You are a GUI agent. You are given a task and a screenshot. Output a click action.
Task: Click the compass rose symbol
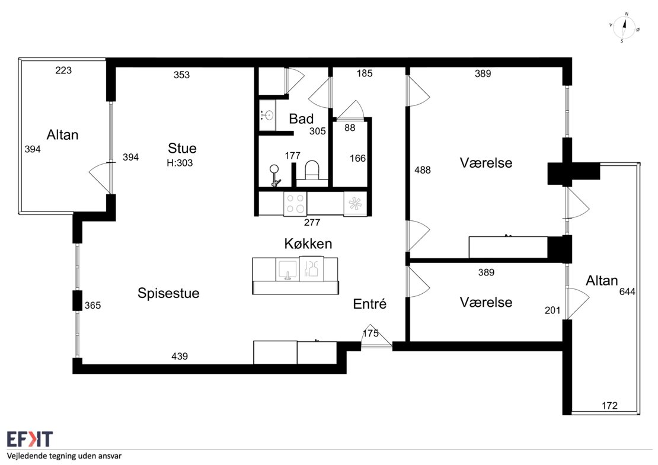pyautogui.click(x=624, y=28)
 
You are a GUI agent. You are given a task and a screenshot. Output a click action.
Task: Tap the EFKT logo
pyautogui.click(x=30, y=440)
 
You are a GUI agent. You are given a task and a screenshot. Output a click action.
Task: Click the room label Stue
pyautogui.click(x=182, y=148)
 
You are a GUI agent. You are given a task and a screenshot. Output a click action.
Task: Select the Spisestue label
pyautogui.click(x=168, y=293)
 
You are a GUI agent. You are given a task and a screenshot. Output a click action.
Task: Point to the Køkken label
pyautogui.click(x=308, y=243)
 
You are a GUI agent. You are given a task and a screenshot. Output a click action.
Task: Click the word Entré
pyautogui.click(x=370, y=304)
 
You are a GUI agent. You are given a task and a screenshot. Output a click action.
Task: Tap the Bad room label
pyautogui.click(x=301, y=118)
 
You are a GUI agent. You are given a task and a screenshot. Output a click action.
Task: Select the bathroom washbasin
pyautogui.click(x=267, y=115)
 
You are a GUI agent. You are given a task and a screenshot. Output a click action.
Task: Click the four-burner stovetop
pyautogui.click(x=295, y=203)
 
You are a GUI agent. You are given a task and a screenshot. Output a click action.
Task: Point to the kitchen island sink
pyautogui.click(x=288, y=270)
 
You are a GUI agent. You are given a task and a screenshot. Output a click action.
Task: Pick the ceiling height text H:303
pyautogui.click(x=180, y=163)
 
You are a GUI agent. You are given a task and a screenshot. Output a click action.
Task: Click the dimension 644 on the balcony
pyautogui.click(x=627, y=291)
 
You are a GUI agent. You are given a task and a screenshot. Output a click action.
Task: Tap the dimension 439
pyautogui.click(x=180, y=356)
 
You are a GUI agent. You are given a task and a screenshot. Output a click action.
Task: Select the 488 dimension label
pyautogui.click(x=423, y=170)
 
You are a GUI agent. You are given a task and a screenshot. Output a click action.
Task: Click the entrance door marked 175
pyautogui.click(x=376, y=337)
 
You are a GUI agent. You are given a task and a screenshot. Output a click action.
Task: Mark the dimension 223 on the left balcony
pyautogui.click(x=63, y=70)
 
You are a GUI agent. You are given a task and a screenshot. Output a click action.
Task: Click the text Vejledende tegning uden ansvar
pyautogui.click(x=64, y=456)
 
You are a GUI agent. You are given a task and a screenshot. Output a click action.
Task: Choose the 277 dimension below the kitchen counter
pyautogui.click(x=312, y=222)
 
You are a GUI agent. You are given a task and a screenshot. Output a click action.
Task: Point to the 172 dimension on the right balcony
pyautogui.click(x=609, y=405)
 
